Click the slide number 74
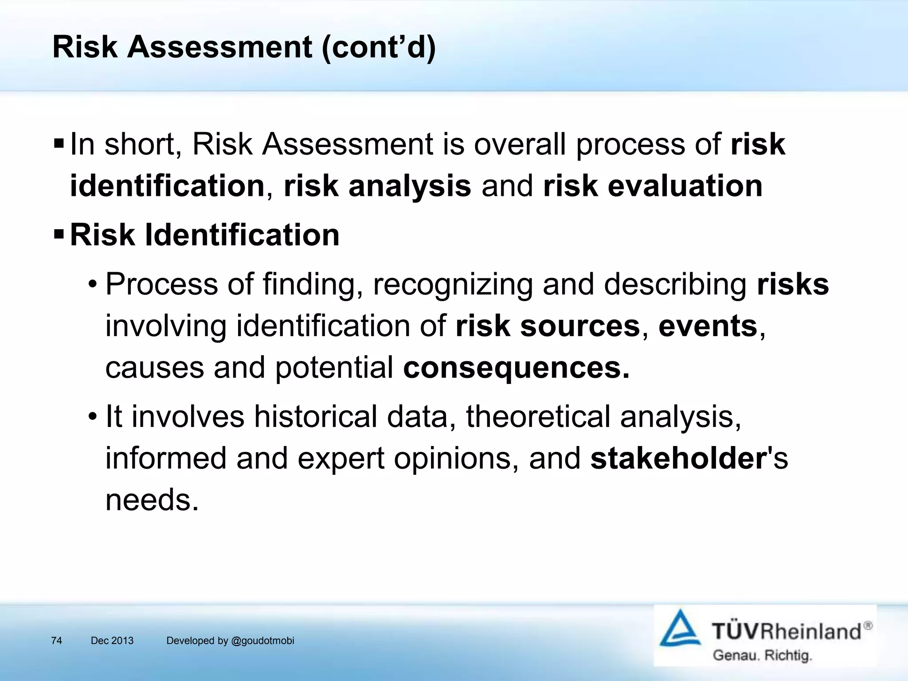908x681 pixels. pyautogui.click(x=56, y=641)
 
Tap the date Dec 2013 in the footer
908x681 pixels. pyautogui.click(x=112, y=641)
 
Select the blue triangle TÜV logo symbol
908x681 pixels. pyautogui.click(x=680, y=629)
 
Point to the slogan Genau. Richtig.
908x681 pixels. pyautogui.click(x=762, y=655)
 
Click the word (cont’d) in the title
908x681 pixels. pyautogui.click(x=379, y=47)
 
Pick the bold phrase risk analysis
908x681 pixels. pyautogui.click(x=377, y=186)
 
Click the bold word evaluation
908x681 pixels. pyautogui.click(x=685, y=186)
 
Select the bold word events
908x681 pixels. pyautogui.click(x=708, y=326)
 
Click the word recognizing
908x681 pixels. pyautogui.click(x=453, y=284)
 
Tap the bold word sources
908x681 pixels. pyautogui.click(x=580, y=326)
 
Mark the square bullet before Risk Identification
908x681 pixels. pyautogui.click(x=59, y=234)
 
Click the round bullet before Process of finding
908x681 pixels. pyautogui.click(x=92, y=285)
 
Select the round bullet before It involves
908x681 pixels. pyautogui.click(x=92, y=417)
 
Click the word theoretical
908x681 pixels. pyautogui.click(x=538, y=417)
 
